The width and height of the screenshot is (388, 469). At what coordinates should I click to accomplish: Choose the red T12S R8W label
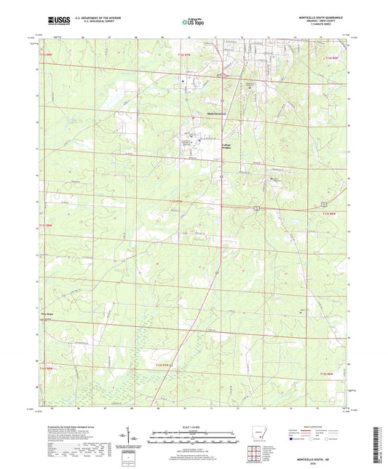click(x=47, y=55)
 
